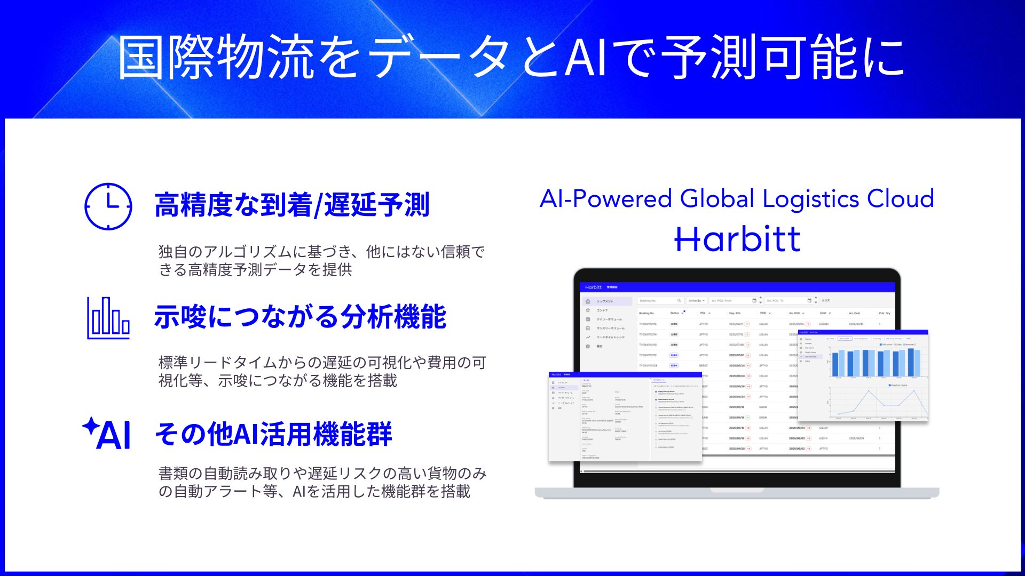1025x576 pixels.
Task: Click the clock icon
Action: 108,206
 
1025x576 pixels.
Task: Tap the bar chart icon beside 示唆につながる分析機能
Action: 108,318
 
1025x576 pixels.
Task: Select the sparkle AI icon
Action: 107,433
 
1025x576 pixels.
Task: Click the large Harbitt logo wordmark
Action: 737,239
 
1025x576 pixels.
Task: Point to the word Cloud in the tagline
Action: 900,198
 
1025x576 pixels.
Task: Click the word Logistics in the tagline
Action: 810,198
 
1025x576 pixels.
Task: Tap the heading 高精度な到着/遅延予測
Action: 291,205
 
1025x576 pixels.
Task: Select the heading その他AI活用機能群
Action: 273,434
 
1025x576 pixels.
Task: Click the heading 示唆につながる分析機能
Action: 300,317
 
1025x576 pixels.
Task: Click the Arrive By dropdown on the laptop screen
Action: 696,301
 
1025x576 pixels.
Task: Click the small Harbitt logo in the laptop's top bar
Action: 593,287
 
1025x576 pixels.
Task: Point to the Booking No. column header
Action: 646,313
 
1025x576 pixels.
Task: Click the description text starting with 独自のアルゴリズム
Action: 321,260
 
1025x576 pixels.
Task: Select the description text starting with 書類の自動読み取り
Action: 322,482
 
